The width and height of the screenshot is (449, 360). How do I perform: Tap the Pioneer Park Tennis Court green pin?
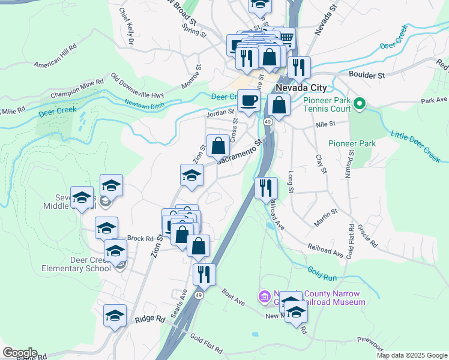point(360,104)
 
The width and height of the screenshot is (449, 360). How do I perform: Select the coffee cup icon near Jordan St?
point(249,101)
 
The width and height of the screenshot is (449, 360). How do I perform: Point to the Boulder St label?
point(367,76)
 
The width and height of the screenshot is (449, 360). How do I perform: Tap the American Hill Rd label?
point(56,56)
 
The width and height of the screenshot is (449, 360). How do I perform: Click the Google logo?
point(20,353)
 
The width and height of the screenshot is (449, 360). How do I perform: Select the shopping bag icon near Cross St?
point(218,146)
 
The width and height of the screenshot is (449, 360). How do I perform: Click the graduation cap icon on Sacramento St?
point(192,175)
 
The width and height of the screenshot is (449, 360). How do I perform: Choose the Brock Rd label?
point(141,238)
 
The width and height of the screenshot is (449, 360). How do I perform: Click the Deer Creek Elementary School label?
point(76,264)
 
